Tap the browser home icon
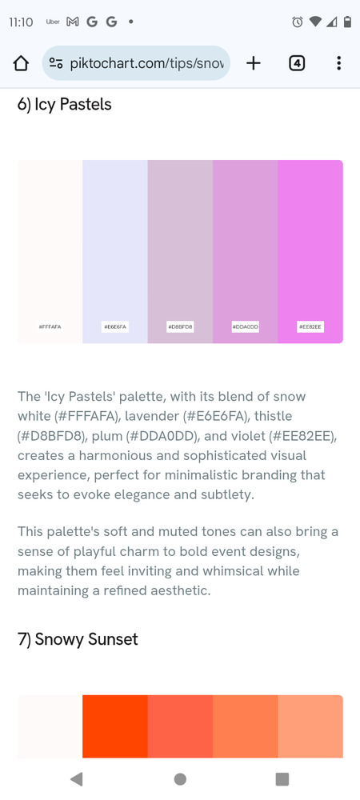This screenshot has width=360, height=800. [x=21, y=63]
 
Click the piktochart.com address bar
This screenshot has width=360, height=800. [x=136, y=63]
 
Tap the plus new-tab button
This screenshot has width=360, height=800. [x=254, y=63]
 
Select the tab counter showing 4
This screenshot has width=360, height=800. [x=297, y=63]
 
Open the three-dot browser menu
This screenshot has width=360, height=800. [x=338, y=63]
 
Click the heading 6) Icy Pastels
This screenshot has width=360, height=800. [x=64, y=105]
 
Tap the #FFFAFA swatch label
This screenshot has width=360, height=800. [x=50, y=326]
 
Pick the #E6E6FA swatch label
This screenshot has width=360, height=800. [x=114, y=326]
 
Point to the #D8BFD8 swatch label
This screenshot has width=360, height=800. [x=180, y=326]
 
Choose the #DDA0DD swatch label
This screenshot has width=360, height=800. [x=246, y=326]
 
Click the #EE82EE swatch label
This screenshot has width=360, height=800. [x=310, y=326]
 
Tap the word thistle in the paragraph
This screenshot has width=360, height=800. [x=274, y=416]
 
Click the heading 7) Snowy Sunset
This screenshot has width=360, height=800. [x=78, y=639]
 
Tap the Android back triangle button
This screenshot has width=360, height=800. [x=77, y=778]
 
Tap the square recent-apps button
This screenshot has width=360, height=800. [x=282, y=778]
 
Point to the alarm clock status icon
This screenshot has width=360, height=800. [x=298, y=22]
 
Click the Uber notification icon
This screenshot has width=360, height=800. [x=53, y=22]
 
